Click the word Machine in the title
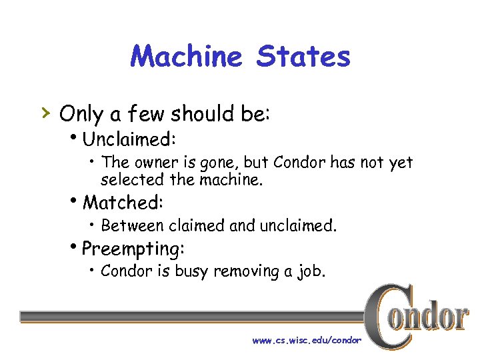(187, 57)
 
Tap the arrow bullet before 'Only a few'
(45, 113)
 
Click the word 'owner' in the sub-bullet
(157, 163)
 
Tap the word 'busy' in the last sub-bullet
(191, 271)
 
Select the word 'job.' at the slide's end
(309, 271)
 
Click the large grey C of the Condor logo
(387, 317)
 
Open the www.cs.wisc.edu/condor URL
(307, 340)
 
